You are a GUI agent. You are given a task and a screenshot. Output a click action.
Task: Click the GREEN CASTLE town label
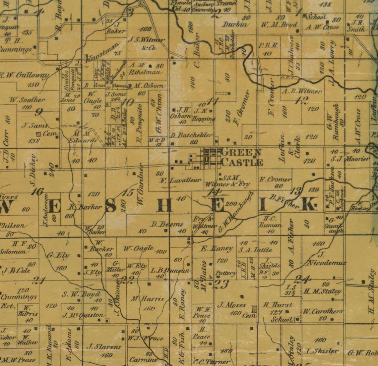[x=241, y=157]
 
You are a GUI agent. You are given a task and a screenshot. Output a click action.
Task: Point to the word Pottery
[x=225, y=273]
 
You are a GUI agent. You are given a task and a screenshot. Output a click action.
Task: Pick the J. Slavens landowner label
[x=104, y=347]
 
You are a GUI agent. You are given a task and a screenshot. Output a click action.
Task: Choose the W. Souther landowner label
[x=27, y=99]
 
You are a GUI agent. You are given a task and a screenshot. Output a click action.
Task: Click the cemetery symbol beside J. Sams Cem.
[x=39, y=134]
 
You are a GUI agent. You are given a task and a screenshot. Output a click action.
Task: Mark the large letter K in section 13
[x=309, y=204]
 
